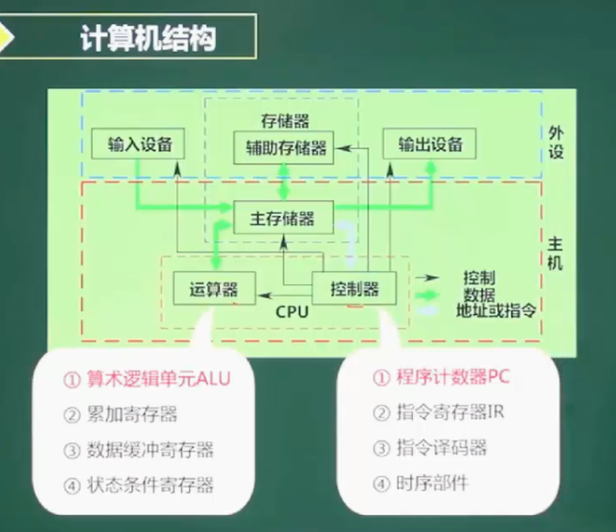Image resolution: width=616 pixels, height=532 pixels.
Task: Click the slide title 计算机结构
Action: (x=148, y=38)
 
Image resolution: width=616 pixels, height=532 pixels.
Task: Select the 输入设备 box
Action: (x=138, y=144)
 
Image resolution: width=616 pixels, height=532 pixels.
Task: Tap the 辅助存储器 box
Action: (x=284, y=147)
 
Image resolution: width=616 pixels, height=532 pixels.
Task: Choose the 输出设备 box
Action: (x=429, y=144)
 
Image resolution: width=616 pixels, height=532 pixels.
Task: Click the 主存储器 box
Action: (x=284, y=217)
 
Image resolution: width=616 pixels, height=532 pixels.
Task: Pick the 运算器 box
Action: (x=215, y=289)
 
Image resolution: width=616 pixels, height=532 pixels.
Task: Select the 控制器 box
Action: (x=354, y=289)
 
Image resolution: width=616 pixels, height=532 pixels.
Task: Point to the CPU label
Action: (x=292, y=312)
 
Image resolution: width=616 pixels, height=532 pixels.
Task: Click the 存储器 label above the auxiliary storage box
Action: (x=284, y=121)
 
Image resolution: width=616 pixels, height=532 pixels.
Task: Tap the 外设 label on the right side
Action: (x=555, y=142)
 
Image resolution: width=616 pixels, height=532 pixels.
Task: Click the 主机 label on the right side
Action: (x=554, y=253)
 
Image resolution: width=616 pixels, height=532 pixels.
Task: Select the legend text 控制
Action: (x=479, y=278)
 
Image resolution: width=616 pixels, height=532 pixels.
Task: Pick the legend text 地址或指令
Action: (x=496, y=310)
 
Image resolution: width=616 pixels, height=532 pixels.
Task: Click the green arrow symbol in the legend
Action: (x=428, y=295)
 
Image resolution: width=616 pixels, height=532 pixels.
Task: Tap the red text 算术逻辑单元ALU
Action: (x=159, y=379)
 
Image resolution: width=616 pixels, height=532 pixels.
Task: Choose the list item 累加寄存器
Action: (x=132, y=414)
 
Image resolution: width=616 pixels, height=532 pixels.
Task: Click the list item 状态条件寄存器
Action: (x=150, y=485)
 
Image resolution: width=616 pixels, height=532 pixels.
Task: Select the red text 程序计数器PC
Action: (x=453, y=377)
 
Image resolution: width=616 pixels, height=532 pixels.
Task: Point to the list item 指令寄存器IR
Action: (x=450, y=413)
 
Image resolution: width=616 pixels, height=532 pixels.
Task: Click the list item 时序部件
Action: (x=432, y=483)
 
